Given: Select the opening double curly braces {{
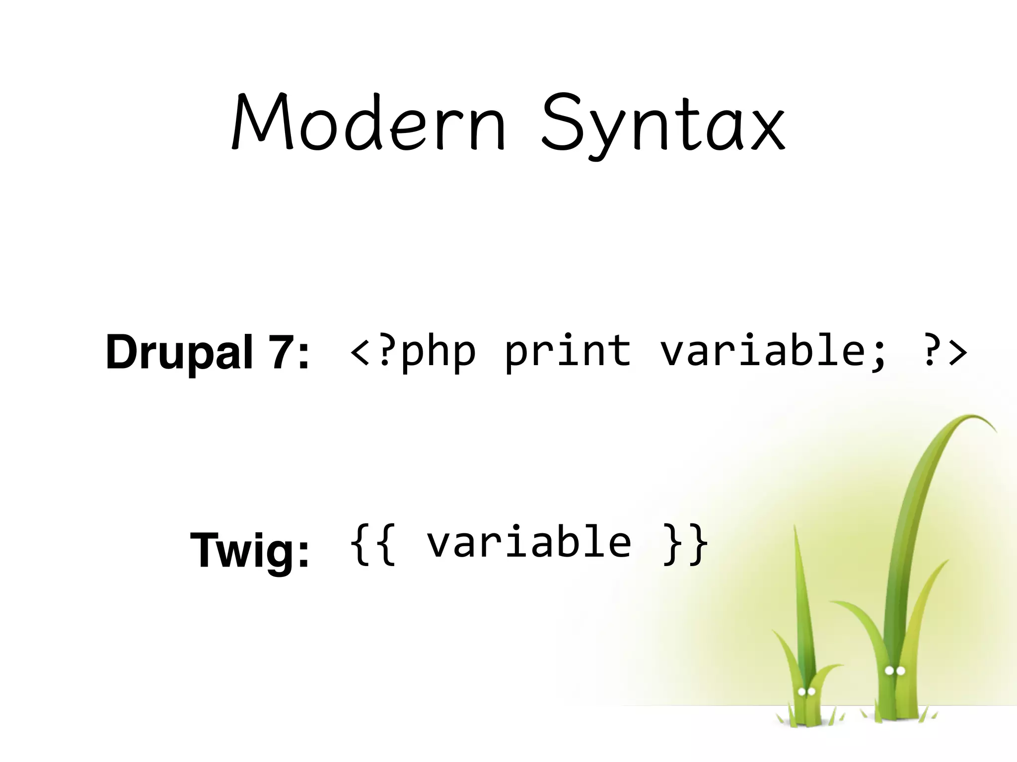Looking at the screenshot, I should (x=373, y=545).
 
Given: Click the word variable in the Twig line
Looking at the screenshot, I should (x=529, y=542).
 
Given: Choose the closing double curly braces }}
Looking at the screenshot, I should (x=685, y=545).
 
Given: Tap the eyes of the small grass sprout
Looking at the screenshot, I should (x=806, y=691).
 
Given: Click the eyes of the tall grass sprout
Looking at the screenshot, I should (x=895, y=671).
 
